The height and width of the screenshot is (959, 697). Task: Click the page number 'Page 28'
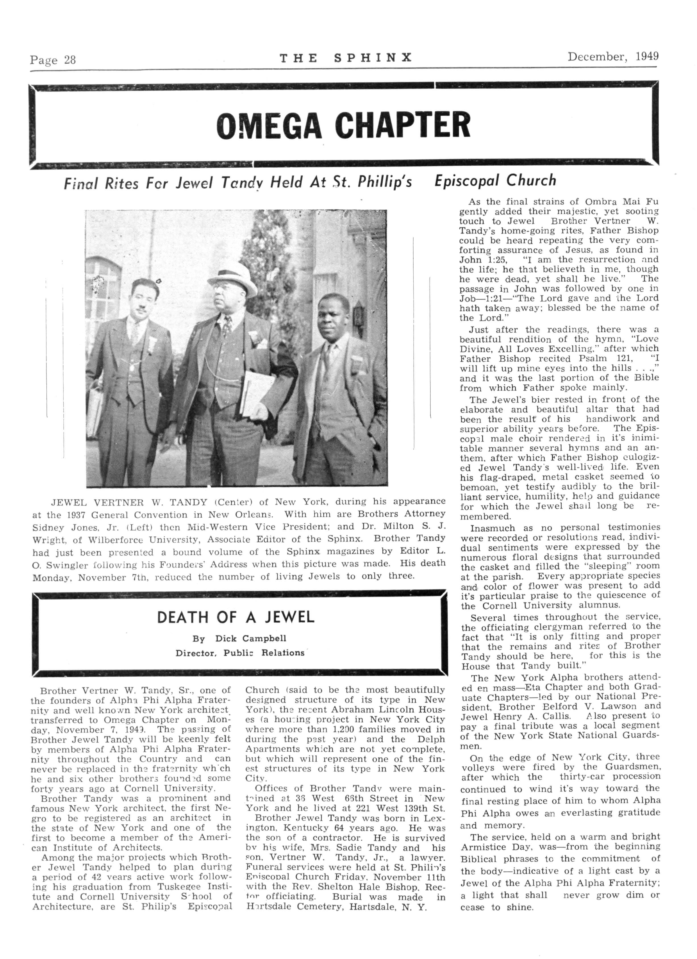click(53, 60)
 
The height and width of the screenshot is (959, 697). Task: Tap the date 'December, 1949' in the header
click(613, 57)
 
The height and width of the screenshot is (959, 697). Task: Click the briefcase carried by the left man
click(94, 405)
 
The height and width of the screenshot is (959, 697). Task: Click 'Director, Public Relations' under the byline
click(240, 653)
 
